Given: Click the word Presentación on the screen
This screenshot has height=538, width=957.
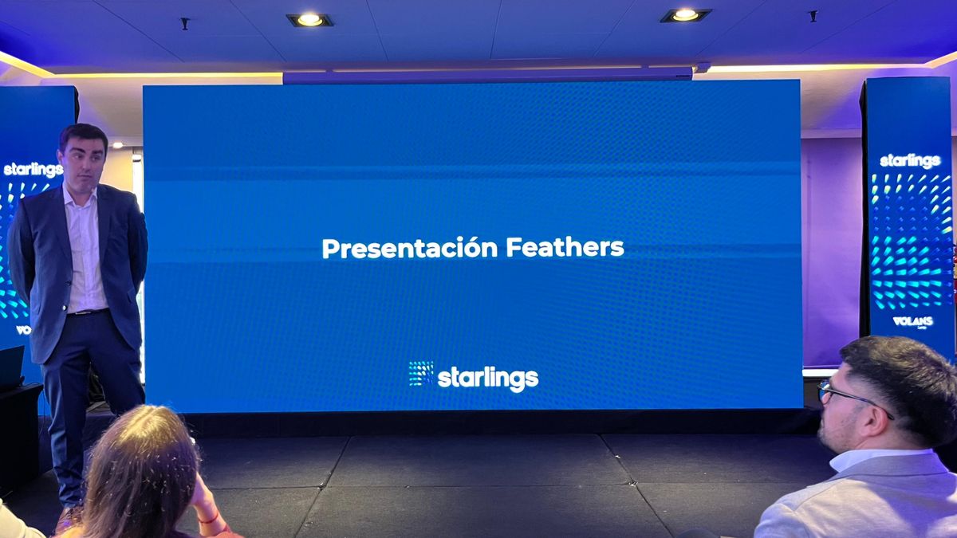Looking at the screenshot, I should pos(410,248).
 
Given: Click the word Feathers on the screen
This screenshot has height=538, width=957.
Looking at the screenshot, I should pos(565,247).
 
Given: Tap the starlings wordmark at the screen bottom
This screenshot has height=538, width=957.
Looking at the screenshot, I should pos(487,379).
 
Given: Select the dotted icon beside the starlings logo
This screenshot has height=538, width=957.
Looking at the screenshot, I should pos(420,374).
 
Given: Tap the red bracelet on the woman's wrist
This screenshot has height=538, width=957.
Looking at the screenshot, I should pos(209,518).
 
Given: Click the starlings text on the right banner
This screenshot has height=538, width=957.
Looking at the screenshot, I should pos(910,161).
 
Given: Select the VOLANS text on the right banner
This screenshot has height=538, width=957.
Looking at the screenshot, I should pos(912,321).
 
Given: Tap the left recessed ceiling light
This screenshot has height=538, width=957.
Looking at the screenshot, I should pos(309,19).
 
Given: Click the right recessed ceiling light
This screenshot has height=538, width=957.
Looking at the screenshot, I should pos(684,14).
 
